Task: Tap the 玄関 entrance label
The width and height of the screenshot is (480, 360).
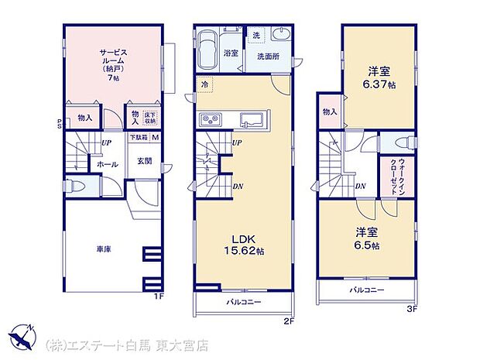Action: click(145, 161)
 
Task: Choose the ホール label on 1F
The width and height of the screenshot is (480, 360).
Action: click(106, 164)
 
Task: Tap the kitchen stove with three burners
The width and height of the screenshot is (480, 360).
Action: click(211, 119)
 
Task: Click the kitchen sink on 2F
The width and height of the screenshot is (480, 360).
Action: click(252, 120)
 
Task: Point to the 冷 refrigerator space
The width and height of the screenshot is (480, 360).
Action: click(204, 84)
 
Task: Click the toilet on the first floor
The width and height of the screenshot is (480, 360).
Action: click(77, 186)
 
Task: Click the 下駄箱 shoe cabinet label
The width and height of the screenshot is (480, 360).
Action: click(139, 138)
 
